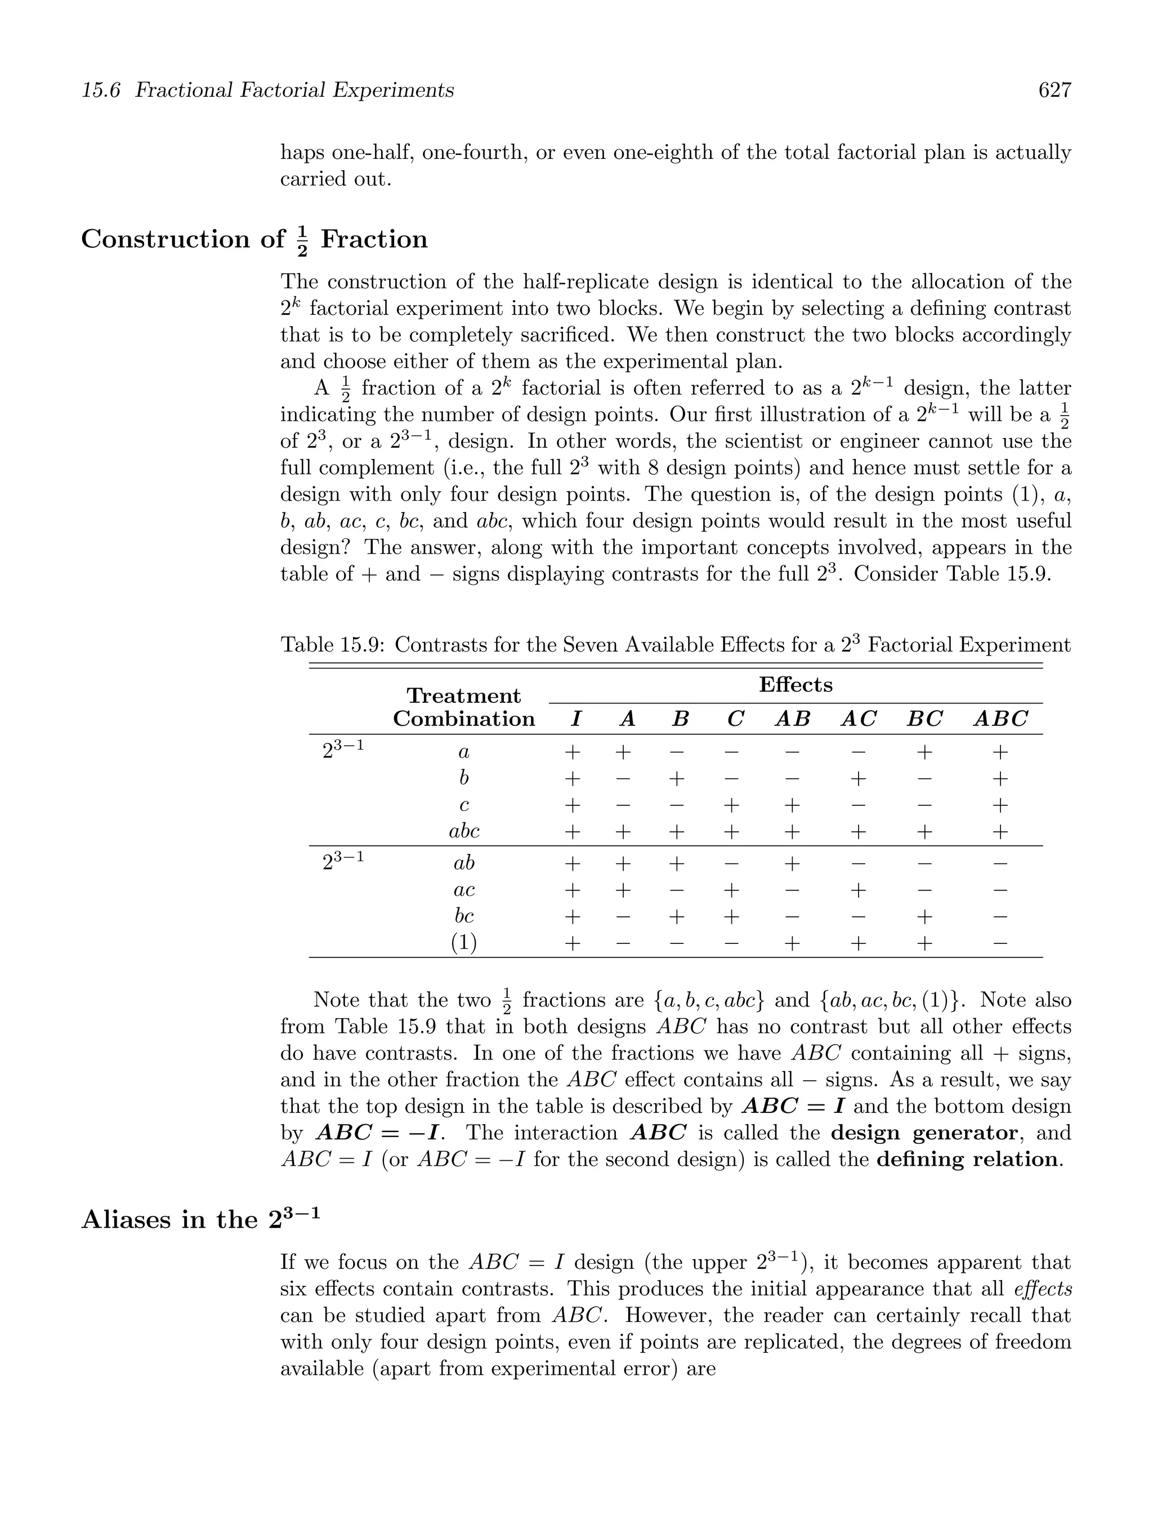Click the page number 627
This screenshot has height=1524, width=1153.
[1054, 90]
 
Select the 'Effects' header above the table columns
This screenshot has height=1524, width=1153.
[795, 685]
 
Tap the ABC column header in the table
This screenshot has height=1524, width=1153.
[1000, 719]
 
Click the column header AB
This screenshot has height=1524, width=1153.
[792, 719]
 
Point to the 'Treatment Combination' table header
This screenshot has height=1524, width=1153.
[463, 707]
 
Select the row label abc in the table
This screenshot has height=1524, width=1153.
[463, 831]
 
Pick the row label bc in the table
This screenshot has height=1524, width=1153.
[463, 916]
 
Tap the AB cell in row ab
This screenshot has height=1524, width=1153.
[792, 863]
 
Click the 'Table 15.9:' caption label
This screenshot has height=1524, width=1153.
[333, 645]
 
